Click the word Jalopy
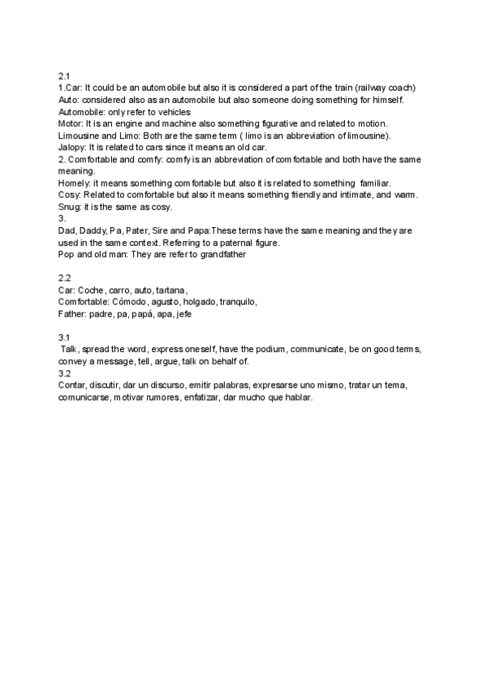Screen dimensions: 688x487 [72, 147]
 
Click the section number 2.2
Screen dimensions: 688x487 [65, 277]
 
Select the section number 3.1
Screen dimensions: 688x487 [65, 337]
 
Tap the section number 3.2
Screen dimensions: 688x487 [65, 374]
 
